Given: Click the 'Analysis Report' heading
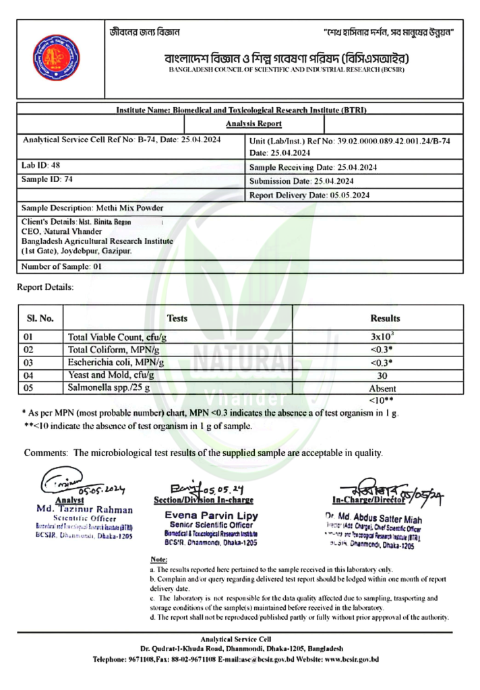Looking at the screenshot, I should pyautogui.click(x=253, y=124).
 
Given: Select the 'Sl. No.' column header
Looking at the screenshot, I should pyautogui.click(x=40, y=318).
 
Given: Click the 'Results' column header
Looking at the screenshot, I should pyautogui.click(x=385, y=318).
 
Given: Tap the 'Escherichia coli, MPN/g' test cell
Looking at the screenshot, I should pyautogui.click(x=117, y=363).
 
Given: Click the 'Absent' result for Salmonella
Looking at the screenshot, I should pyautogui.click(x=383, y=389).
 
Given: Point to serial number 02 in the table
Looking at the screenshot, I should pyautogui.click(x=28, y=350).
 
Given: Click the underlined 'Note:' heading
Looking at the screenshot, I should pyautogui.click(x=158, y=560).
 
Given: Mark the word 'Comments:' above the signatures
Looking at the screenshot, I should pyautogui.click(x=46, y=453).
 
